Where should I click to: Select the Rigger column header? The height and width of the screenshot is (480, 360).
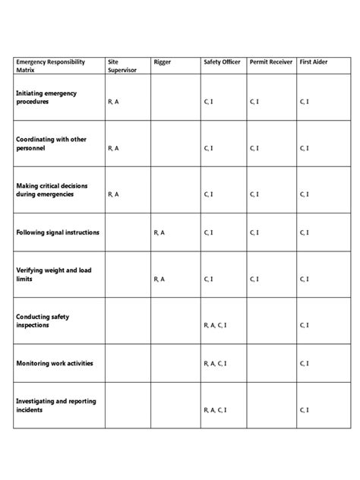[162, 61]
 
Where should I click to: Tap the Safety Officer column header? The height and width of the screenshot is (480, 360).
[223, 61]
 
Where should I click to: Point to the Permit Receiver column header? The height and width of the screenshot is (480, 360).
[270, 61]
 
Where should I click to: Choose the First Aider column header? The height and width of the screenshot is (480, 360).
[314, 61]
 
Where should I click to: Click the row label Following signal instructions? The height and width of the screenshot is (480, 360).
[58, 232]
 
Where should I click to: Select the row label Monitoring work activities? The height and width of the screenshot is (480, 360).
[55, 363]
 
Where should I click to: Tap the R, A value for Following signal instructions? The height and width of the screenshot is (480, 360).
[159, 232]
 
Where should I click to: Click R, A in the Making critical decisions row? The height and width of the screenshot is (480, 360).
[114, 194]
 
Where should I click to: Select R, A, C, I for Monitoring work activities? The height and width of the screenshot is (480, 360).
[215, 363]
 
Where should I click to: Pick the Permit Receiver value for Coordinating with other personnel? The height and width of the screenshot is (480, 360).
[253, 149]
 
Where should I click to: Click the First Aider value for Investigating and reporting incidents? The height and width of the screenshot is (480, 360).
[304, 410]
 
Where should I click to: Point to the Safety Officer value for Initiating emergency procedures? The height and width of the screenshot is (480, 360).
[208, 102]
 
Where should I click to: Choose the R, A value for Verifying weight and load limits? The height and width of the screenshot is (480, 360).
[159, 279]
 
